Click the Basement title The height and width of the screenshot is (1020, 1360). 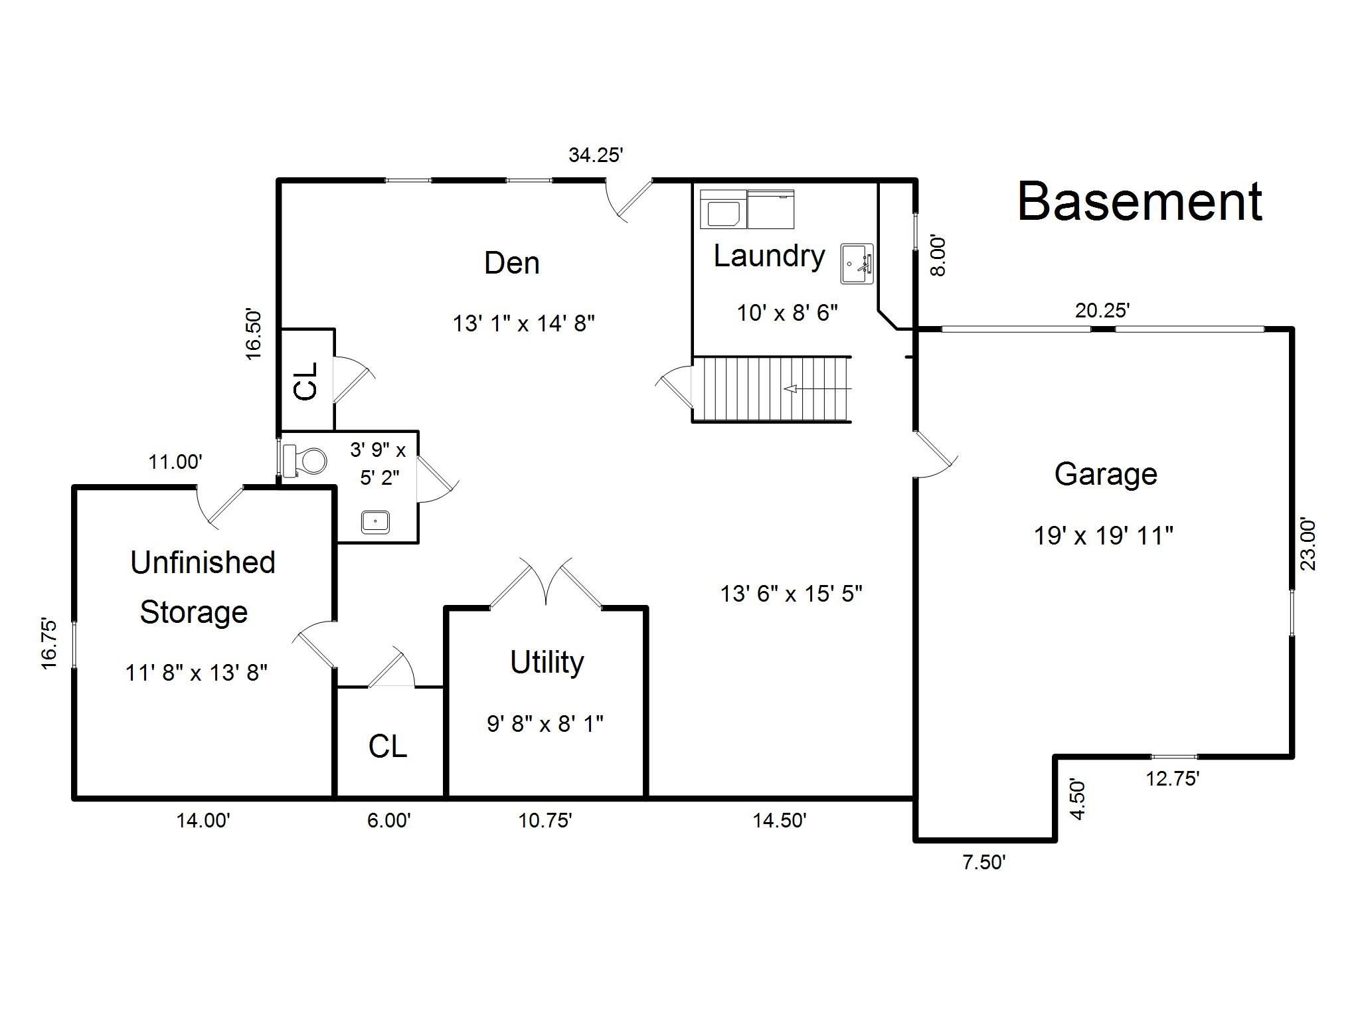tap(1140, 201)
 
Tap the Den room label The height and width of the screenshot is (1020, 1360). tap(511, 263)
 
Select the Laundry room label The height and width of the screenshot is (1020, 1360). tap(769, 256)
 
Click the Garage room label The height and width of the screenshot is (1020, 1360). tap(1106, 474)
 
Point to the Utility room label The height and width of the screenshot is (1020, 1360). tap(547, 662)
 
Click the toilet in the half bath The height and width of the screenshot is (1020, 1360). tap(305, 460)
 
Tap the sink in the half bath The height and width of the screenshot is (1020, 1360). tap(376, 521)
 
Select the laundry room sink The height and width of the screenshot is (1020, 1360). tap(857, 264)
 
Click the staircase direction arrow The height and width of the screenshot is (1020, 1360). tap(817, 388)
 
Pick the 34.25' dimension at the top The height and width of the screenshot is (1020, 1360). tap(596, 155)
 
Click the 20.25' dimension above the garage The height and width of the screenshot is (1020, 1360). tap(1102, 310)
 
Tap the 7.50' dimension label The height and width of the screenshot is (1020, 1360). tap(984, 862)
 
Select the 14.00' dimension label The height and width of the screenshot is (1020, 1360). tap(203, 821)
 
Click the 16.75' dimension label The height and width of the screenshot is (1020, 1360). tap(49, 643)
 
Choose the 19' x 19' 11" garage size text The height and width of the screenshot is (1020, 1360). tap(1103, 535)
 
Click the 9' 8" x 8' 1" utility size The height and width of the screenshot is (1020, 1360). tap(545, 723)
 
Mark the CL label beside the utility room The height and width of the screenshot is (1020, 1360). tap(387, 746)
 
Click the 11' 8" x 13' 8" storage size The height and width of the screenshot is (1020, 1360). tap(197, 673)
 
